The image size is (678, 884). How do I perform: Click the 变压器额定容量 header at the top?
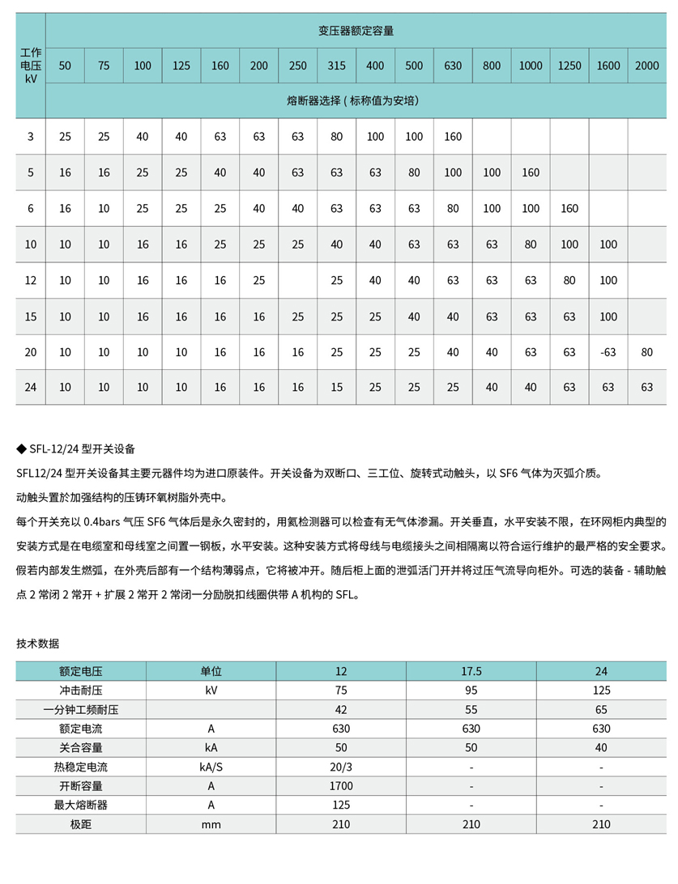pos(356,32)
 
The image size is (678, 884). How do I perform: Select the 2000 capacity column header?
pos(646,66)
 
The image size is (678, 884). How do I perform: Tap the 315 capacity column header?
pos(336,66)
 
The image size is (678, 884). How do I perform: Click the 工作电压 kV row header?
pos(31,66)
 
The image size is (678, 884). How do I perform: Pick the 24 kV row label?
pos(31,388)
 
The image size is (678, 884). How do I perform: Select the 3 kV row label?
pos(31,137)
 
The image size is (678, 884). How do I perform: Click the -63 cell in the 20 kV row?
pos(608,352)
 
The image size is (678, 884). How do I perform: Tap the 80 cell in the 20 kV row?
pos(646,352)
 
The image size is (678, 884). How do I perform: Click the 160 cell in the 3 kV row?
pos(453,137)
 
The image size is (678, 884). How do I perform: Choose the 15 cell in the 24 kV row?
pos(336,388)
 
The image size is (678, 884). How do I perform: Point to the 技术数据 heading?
pos(37,644)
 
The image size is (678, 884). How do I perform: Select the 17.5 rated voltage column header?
pos(471,671)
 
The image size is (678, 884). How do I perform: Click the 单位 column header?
pos(211,671)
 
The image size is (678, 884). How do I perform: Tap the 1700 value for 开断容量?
pos(341,786)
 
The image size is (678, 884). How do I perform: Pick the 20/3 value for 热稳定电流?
pos(341,767)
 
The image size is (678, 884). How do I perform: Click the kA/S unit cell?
pos(211,767)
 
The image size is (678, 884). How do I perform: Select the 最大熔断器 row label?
pos(81,805)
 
